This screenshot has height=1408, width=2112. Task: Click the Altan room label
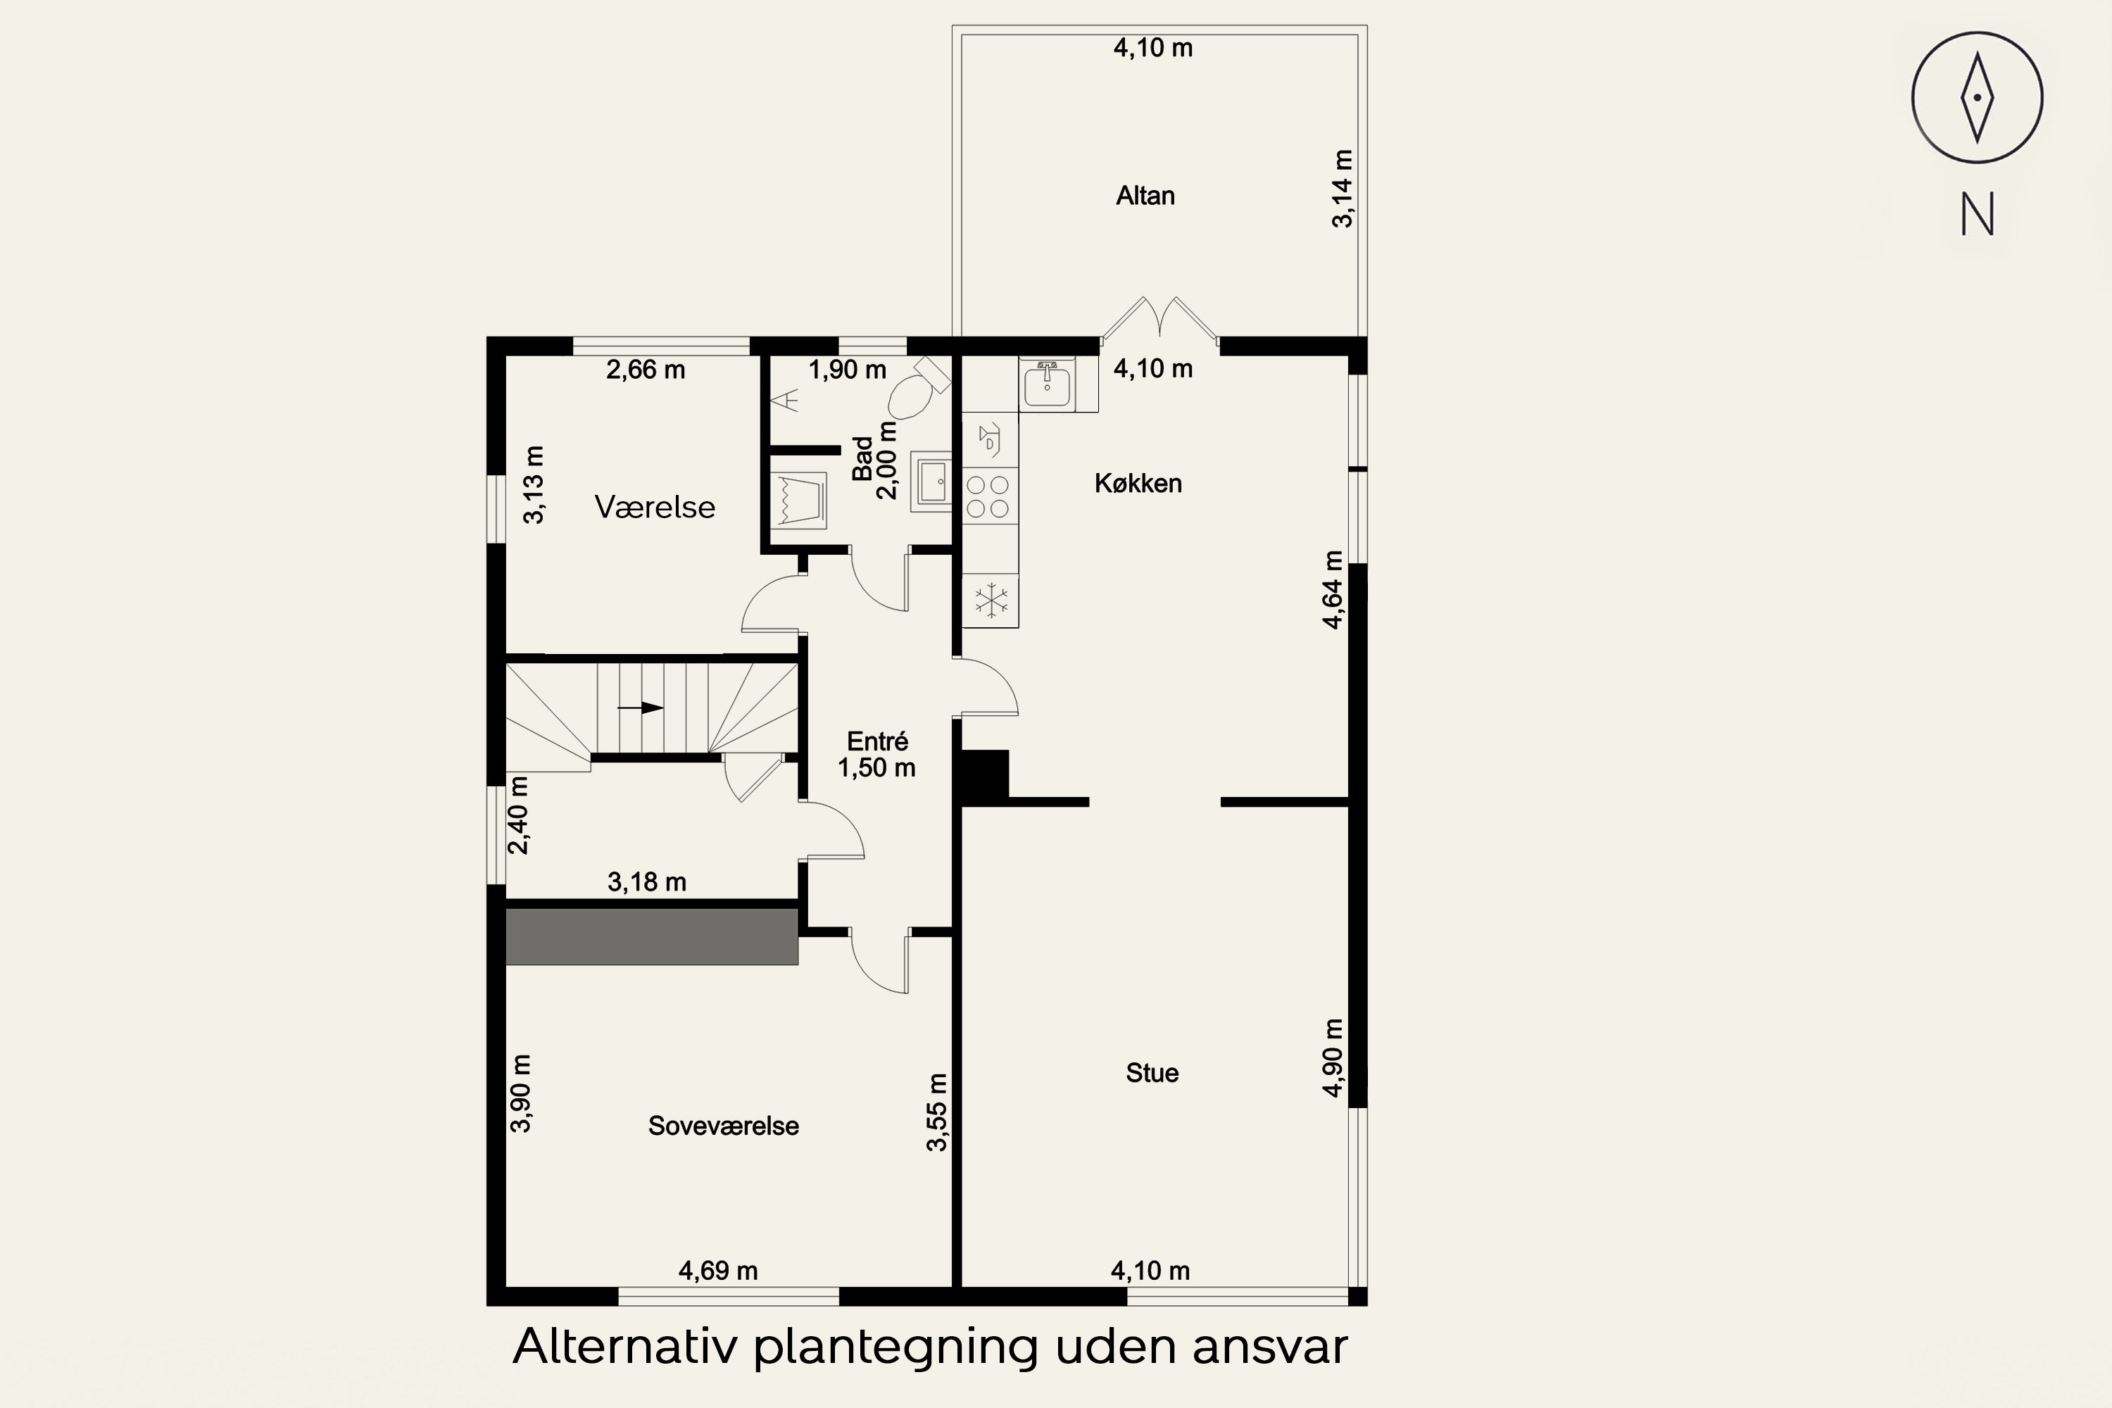(x=1145, y=196)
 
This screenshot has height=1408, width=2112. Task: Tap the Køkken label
(x=1138, y=484)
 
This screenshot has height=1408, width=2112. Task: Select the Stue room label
(x=1152, y=1073)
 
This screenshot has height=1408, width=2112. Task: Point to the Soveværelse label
(x=724, y=1126)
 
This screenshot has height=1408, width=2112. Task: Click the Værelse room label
(x=655, y=508)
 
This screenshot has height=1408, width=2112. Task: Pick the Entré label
(x=877, y=742)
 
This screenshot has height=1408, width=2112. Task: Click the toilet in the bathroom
(x=919, y=389)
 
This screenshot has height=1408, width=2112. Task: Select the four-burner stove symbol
(x=988, y=496)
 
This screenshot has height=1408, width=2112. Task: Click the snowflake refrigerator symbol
(x=991, y=600)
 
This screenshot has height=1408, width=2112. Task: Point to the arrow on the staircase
(x=639, y=708)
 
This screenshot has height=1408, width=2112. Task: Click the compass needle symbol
(x=1978, y=98)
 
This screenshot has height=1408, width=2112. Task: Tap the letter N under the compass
(x=1978, y=215)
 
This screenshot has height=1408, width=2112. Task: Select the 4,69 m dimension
(x=717, y=1271)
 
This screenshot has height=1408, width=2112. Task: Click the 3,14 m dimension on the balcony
(x=1343, y=189)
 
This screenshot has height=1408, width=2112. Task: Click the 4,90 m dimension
(x=1333, y=1058)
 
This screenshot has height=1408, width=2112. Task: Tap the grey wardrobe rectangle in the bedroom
(x=652, y=936)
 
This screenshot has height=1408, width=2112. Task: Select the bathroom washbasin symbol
(x=931, y=482)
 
